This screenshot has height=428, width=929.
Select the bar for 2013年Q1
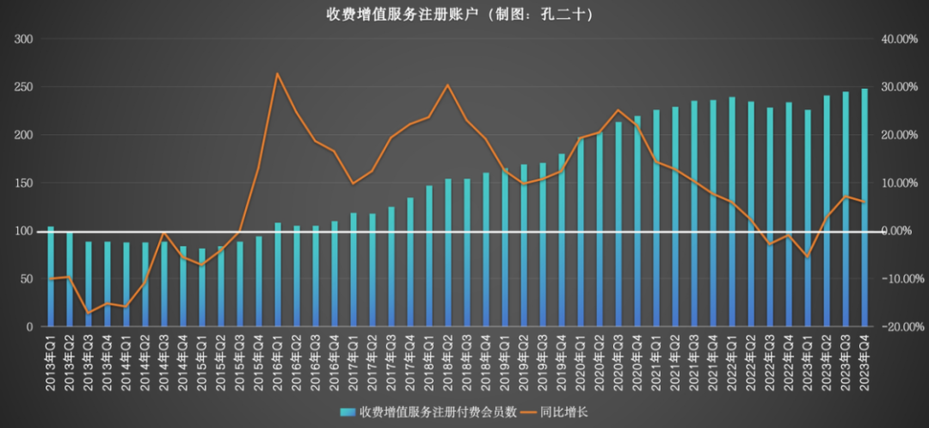pos(50,276)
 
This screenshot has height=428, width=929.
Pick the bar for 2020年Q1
pos(581,233)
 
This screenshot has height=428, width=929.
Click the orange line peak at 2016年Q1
pos(278,74)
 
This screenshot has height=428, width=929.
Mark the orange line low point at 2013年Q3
pos(88,313)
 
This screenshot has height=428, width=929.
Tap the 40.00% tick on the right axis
pos(900,40)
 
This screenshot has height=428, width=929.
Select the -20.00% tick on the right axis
pos(900,327)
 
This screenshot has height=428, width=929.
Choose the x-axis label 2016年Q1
pos(278,361)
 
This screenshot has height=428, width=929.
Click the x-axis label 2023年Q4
pos(864,361)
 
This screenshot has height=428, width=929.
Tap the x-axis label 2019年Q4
pos(562,361)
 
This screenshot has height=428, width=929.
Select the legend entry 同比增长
pos(562,412)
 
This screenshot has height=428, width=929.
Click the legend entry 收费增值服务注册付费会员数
pos(430,412)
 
